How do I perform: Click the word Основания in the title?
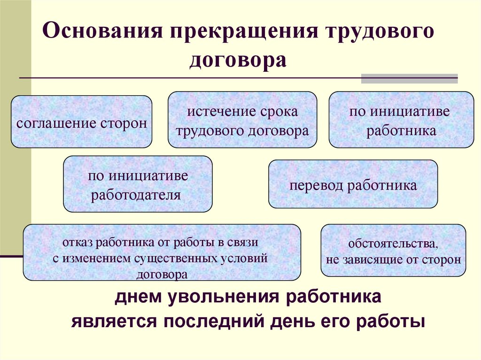pos(102,31)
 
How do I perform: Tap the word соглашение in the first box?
pos(56,123)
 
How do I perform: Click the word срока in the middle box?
pos(279,112)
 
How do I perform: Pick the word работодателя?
pos(136,195)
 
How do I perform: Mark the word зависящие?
pos(372,260)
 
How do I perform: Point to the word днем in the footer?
pos(139,297)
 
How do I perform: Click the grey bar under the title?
pos(409,78)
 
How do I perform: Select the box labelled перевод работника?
pos(353,184)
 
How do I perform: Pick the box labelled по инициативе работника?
pos(401,120)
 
